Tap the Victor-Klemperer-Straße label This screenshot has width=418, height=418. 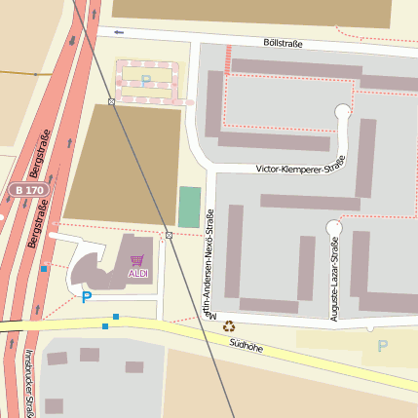coord(302,169)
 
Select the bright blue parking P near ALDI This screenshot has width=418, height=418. coord(86,297)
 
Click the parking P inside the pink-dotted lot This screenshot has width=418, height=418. coord(146,80)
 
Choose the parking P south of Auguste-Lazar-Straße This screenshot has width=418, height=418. coord(382,346)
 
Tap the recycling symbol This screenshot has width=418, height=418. coord(229,327)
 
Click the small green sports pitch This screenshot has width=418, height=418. coord(189,207)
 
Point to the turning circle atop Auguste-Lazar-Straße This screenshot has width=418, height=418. coord(334,227)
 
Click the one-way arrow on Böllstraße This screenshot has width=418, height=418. coord(120,32)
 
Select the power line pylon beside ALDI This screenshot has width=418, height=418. coord(170,235)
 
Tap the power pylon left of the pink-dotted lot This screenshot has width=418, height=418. coord(112,101)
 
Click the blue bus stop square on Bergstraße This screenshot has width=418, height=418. coord(44,269)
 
